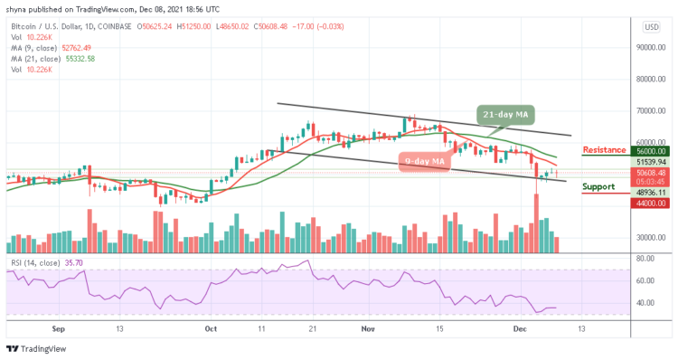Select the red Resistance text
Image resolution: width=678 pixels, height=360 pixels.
[x=605, y=149]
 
